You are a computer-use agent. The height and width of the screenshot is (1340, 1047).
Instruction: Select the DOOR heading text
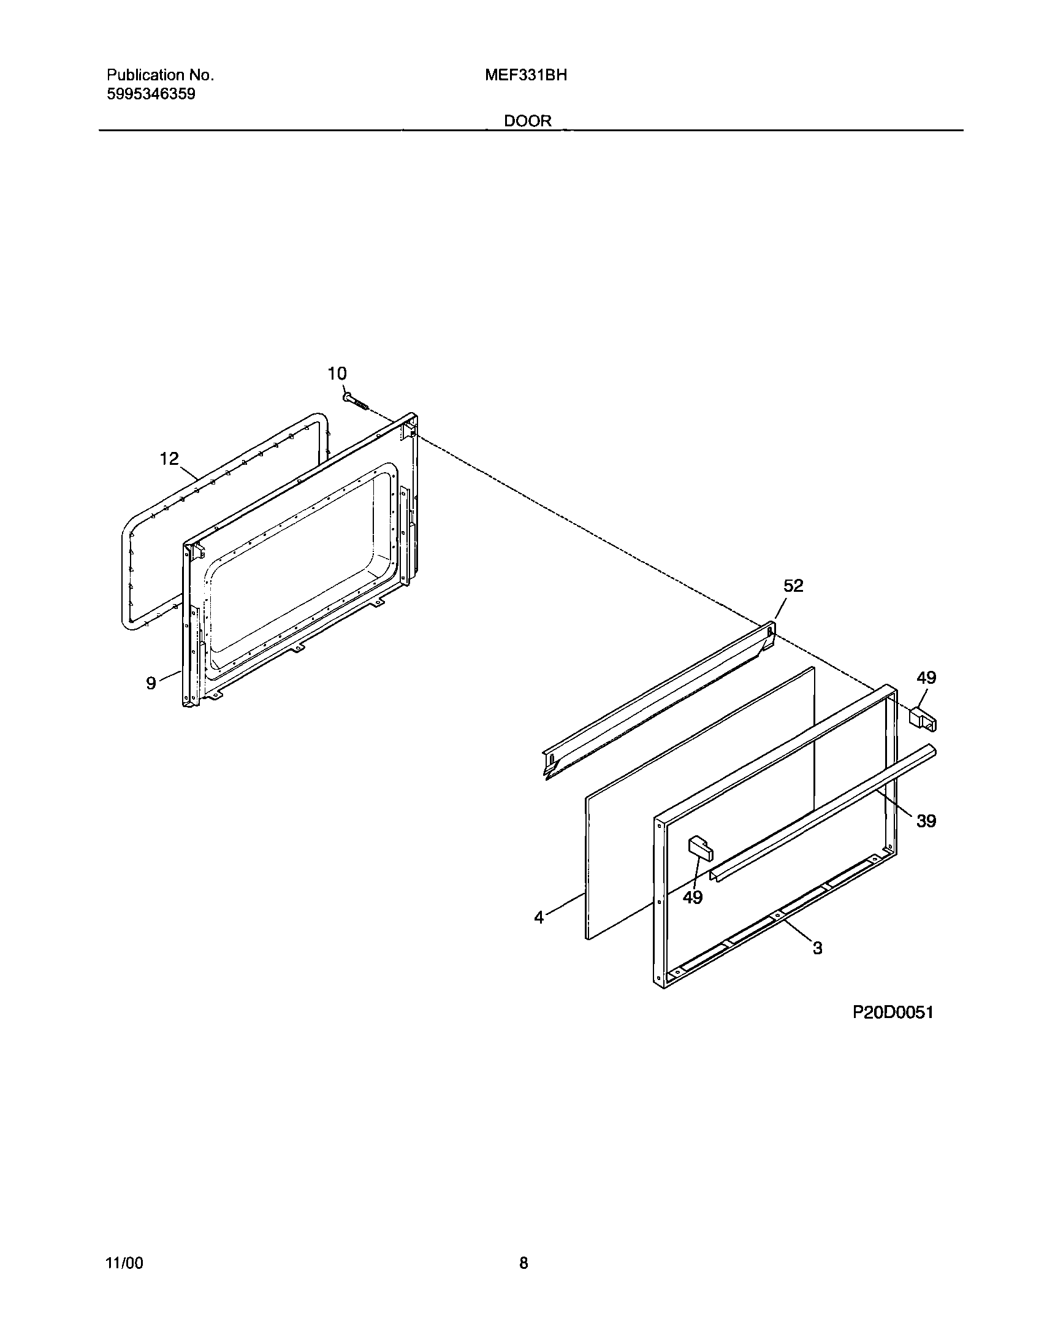point(528,121)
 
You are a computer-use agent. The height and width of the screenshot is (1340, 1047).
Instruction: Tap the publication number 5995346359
point(151,94)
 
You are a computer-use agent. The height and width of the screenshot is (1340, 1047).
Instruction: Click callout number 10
point(337,373)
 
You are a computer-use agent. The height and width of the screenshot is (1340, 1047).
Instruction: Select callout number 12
point(169,458)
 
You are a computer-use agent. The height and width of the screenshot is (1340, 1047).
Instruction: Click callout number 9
point(151,683)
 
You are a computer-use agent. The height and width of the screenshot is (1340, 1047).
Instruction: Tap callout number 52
point(793,586)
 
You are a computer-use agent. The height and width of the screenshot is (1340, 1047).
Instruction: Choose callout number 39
point(926,821)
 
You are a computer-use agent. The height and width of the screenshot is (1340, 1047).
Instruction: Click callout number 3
point(817,948)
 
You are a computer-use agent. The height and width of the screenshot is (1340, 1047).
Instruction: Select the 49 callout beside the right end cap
point(926,678)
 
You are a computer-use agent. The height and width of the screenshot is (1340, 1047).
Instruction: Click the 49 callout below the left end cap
point(693,897)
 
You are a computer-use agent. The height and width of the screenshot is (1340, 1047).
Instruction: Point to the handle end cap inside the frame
point(701,848)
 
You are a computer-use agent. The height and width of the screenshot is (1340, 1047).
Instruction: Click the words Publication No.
point(160,75)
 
